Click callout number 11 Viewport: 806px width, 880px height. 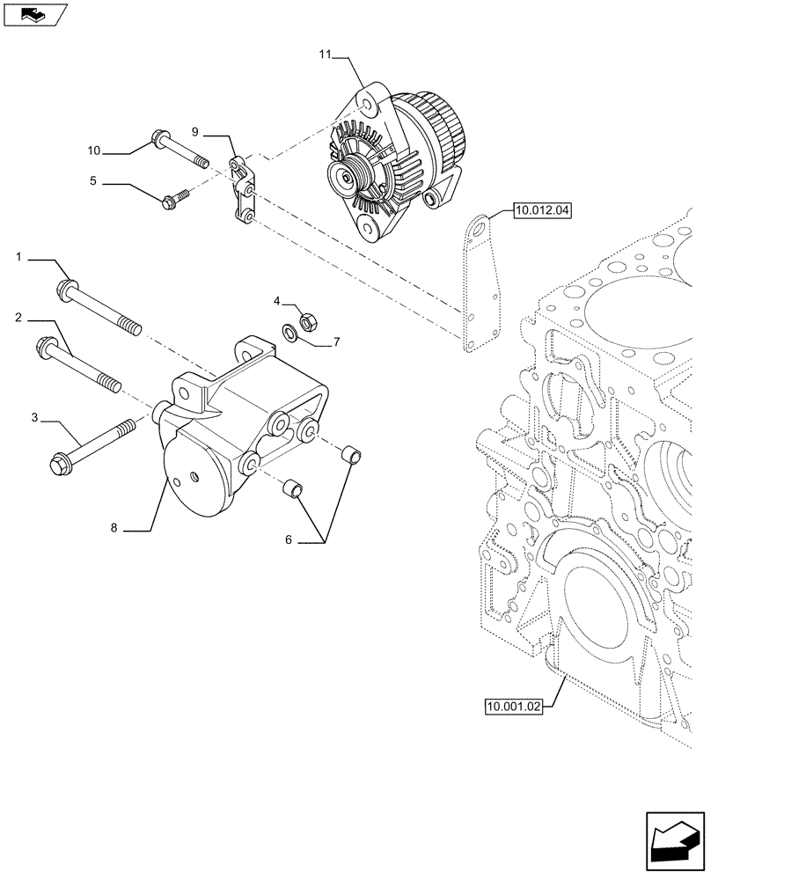pyautogui.click(x=325, y=55)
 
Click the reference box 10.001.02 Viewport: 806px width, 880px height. pyautogui.click(x=514, y=705)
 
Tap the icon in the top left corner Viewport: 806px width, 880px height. pyautogui.click(x=34, y=15)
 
